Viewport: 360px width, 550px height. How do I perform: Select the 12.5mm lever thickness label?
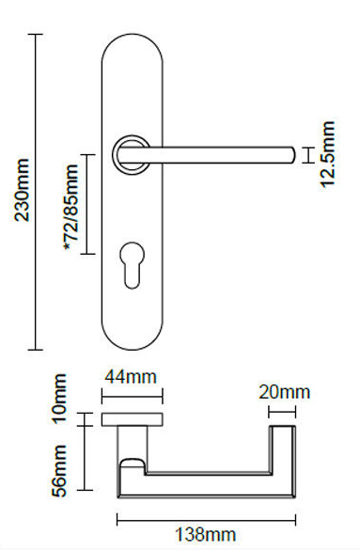pyautogui.click(x=327, y=153)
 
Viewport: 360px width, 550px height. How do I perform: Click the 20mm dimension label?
pyautogui.click(x=284, y=392)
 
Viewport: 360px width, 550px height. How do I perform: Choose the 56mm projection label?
pyautogui.click(x=60, y=470)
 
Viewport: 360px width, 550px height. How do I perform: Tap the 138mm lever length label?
pyautogui.click(x=206, y=536)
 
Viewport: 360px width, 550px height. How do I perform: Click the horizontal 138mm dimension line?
pyautogui.click(x=206, y=518)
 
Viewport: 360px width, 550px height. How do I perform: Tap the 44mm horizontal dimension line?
pyautogui.click(x=131, y=396)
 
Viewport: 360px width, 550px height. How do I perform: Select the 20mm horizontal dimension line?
pyautogui.click(x=283, y=410)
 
